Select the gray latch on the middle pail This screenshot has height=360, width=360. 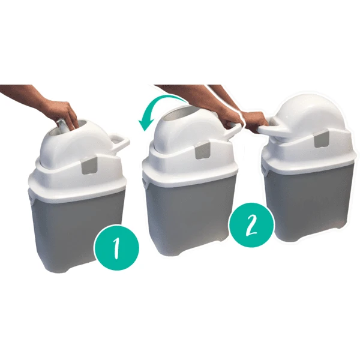201,151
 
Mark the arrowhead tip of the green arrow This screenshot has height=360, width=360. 142,127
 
